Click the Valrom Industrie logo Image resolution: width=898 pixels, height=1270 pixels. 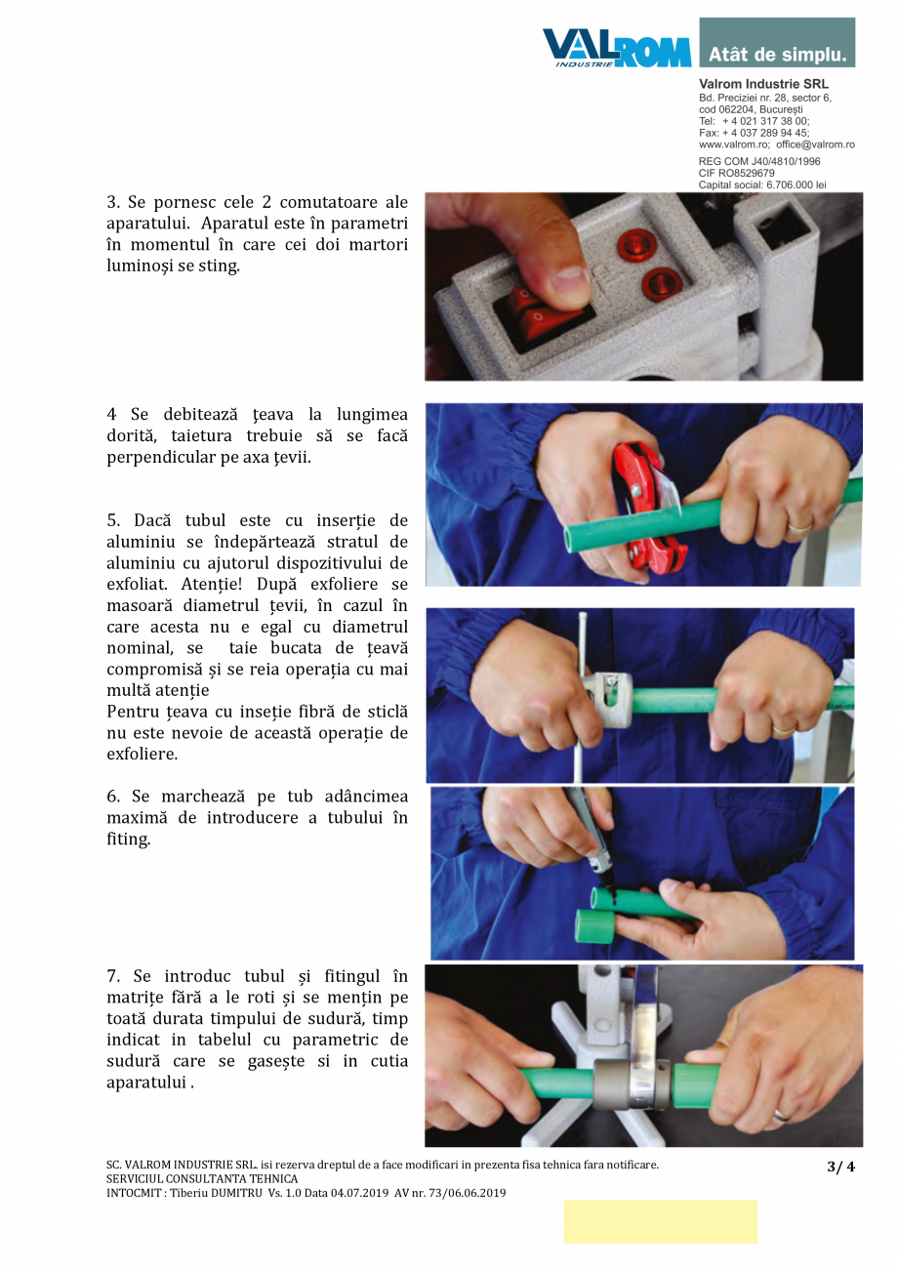(x=617, y=48)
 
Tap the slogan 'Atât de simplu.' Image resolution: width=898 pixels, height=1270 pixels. (x=777, y=55)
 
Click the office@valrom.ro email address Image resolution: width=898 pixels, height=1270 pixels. (x=815, y=144)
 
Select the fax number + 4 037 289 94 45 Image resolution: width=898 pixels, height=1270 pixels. (x=765, y=133)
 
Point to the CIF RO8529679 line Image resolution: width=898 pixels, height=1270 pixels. (x=736, y=173)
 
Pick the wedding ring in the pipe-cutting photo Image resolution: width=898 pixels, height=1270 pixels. (x=800, y=527)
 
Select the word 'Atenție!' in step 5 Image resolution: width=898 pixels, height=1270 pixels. (x=211, y=584)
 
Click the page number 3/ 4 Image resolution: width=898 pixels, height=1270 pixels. (x=840, y=1166)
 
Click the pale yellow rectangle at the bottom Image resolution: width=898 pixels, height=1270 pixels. (x=661, y=1229)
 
